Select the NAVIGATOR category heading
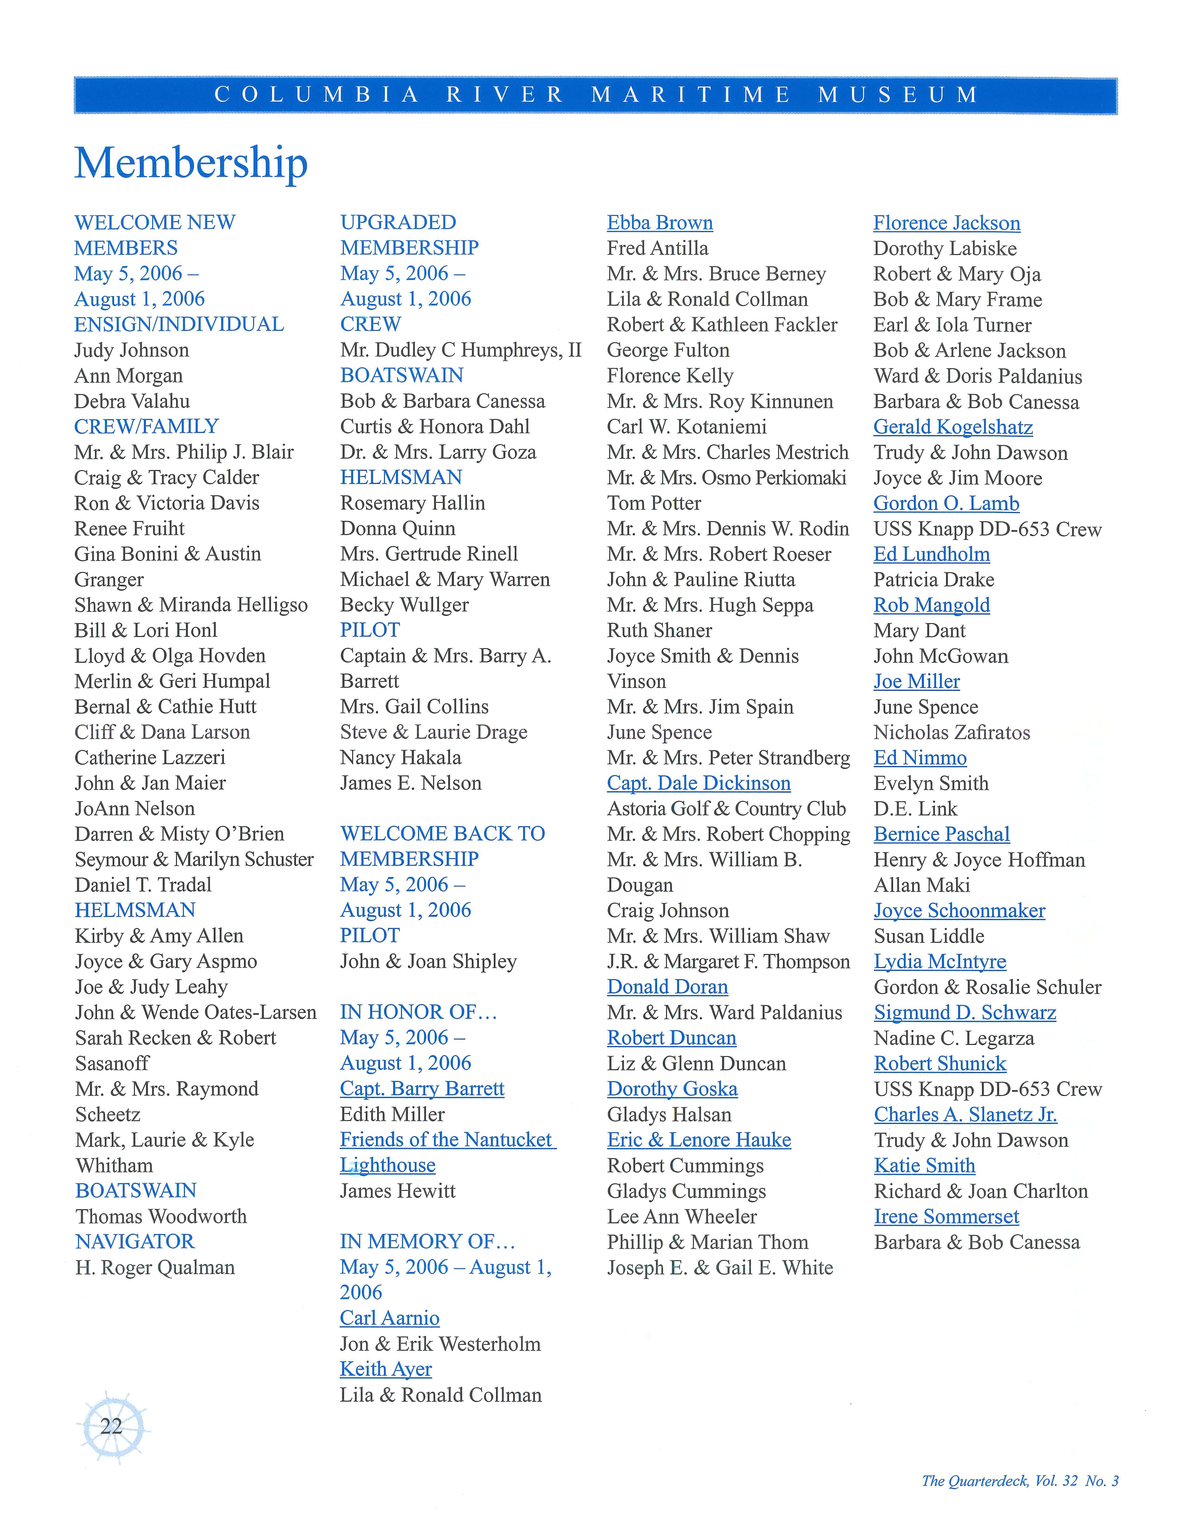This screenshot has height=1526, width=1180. tap(135, 1242)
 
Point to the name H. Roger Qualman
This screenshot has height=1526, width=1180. tap(155, 1268)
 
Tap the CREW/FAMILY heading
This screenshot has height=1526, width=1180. tap(147, 426)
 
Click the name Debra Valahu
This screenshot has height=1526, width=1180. tap(132, 401)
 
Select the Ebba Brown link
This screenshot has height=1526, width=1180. tap(660, 223)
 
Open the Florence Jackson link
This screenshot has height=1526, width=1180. tap(947, 223)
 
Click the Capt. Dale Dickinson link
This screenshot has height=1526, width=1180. tap(698, 783)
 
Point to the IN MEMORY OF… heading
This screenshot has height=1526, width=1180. tap(427, 1242)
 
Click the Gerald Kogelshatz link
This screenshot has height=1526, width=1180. tap(953, 427)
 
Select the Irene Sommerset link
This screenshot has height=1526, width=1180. tap(946, 1216)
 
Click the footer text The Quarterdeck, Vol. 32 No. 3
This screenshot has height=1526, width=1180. tap(1020, 1481)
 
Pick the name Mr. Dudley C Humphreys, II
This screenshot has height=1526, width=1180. tap(461, 350)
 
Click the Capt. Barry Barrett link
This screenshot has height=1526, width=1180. tap(422, 1089)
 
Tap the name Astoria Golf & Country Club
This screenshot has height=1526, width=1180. tap(726, 808)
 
